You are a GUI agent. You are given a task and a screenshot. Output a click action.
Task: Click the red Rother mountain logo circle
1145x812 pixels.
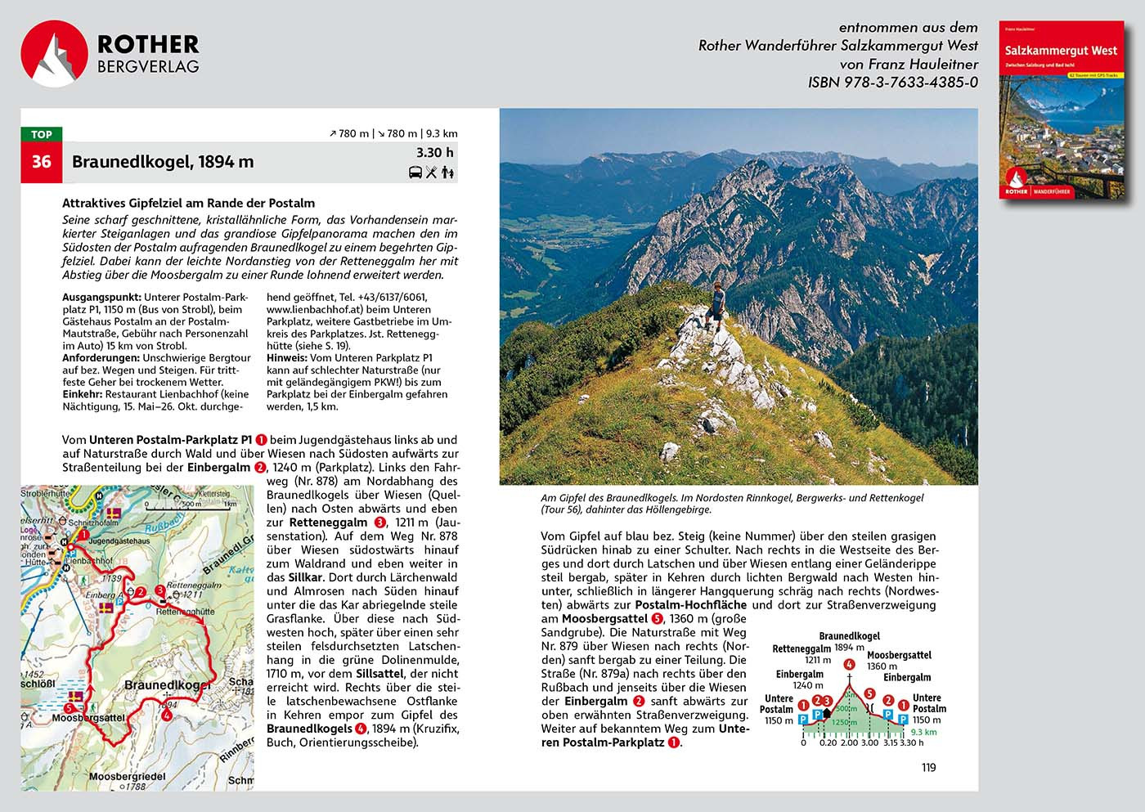(54, 54)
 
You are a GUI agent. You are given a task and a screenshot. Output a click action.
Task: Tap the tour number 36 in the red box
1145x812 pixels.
(41, 161)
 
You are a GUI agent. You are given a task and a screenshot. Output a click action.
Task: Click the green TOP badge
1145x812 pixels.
(41, 135)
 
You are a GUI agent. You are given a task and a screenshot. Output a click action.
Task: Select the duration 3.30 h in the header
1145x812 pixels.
(434, 153)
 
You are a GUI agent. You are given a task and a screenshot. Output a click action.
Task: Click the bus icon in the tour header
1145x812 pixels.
(416, 173)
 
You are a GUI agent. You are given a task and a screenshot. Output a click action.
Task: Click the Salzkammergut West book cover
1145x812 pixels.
(1061, 110)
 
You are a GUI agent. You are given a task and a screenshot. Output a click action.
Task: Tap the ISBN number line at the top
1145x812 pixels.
(892, 83)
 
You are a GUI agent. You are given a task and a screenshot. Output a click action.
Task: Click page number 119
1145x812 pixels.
(928, 767)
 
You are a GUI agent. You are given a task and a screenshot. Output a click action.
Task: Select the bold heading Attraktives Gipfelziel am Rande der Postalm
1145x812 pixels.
(188, 203)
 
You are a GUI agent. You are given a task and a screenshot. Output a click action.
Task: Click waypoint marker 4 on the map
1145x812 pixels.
(167, 716)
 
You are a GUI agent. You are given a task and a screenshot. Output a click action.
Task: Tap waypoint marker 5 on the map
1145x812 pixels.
(68, 708)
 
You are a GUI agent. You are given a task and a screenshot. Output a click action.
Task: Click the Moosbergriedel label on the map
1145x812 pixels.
(128, 776)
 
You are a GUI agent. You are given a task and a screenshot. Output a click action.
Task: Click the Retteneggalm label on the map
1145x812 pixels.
(194, 585)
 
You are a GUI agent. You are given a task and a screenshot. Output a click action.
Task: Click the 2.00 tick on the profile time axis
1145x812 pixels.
(849, 742)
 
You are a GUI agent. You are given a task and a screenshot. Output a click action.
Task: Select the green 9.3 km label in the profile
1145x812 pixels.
(923, 732)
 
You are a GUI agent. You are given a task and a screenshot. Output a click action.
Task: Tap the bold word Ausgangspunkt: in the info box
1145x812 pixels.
(101, 298)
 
